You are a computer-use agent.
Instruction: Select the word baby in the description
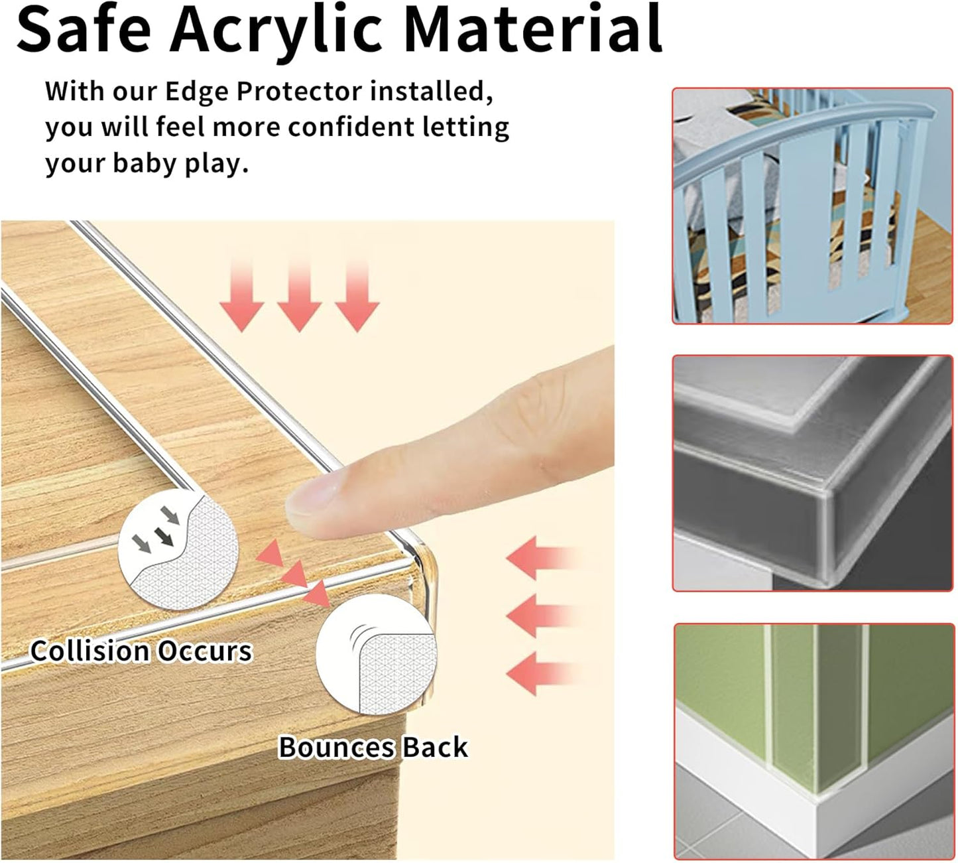(x=145, y=163)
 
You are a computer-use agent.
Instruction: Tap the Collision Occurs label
(x=141, y=651)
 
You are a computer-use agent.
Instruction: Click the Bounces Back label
(x=373, y=748)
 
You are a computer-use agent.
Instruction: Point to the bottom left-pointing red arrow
(x=540, y=672)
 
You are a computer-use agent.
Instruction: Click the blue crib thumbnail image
(x=812, y=206)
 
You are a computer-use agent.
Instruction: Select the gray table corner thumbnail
(x=812, y=473)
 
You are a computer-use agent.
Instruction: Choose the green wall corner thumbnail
(x=813, y=741)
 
